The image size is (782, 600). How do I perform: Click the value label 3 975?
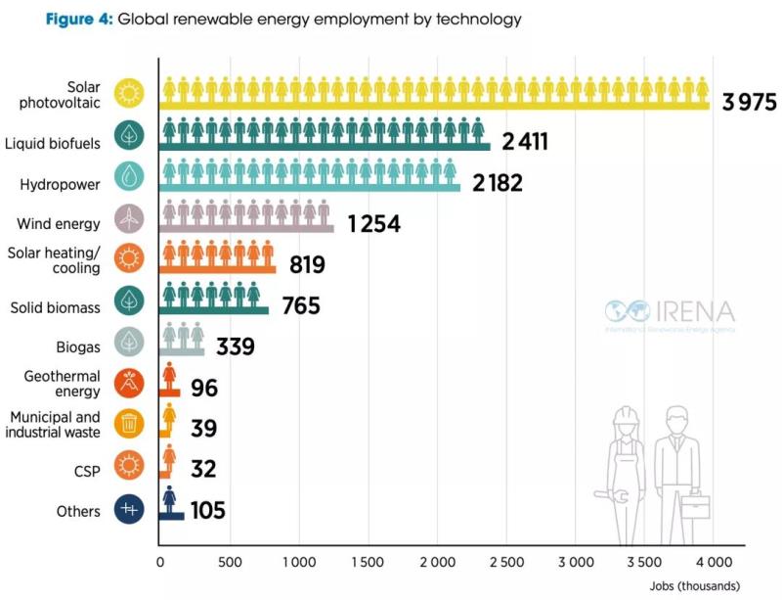coord(750,100)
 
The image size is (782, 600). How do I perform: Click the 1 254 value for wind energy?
coord(373,224)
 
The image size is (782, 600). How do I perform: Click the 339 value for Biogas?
coord(235,347)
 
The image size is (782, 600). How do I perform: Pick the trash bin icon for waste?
coord(129,423)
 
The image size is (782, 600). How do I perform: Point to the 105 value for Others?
coord(208,510)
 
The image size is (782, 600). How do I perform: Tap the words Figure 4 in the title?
coord(76,20)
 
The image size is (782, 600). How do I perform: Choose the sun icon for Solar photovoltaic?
coord(129,94)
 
